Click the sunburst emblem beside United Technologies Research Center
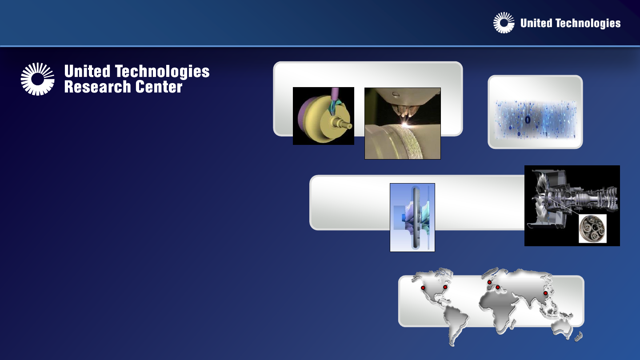click(x=37, y=79)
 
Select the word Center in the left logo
click(x=159, y=87)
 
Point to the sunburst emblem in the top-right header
click(x=504, y=23)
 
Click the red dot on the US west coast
click(x=423, y=288)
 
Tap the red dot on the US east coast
click(x=445, y=287)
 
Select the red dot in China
click(x=545, y=293)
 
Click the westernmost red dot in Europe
click(x=489, y=282)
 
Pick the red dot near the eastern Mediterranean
click(x=497, y=287)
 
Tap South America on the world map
click(x=456, y=324)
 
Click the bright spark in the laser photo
click(x=405, y=124)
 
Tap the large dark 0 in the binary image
click(x=528, y=120)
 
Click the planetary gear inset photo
click(x=592, y=228)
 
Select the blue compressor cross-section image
click(x=412, y=217)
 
